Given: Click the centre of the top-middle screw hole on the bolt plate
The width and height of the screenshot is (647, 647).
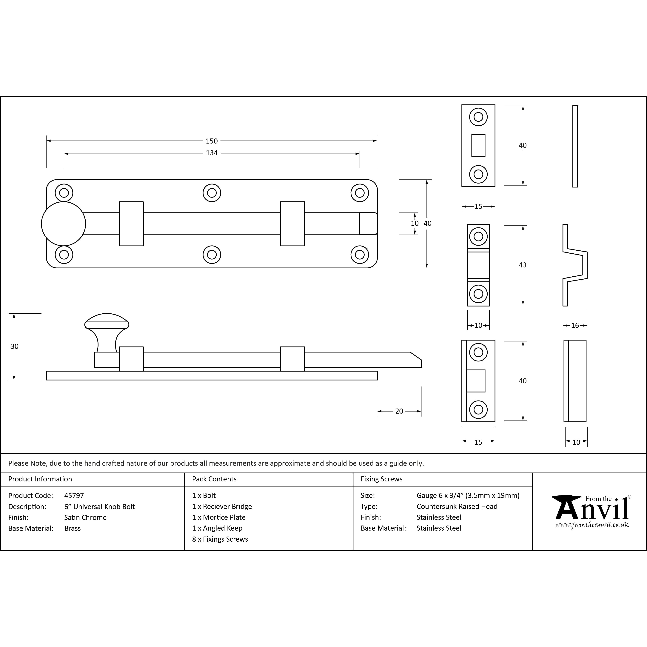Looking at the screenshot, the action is click(x=212, y=193).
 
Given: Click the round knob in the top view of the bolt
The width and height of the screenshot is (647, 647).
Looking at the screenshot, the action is click(x=64, y=224).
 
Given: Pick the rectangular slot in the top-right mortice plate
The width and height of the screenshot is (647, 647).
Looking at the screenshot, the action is click(x=478, y=146).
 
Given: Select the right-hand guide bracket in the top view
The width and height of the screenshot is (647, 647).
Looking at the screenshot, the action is click(x=292, y=224).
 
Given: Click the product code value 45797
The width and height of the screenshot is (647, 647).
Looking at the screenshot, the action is click(x=74, y=496).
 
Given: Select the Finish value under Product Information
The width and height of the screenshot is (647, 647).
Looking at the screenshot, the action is click(x=85, y=517).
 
